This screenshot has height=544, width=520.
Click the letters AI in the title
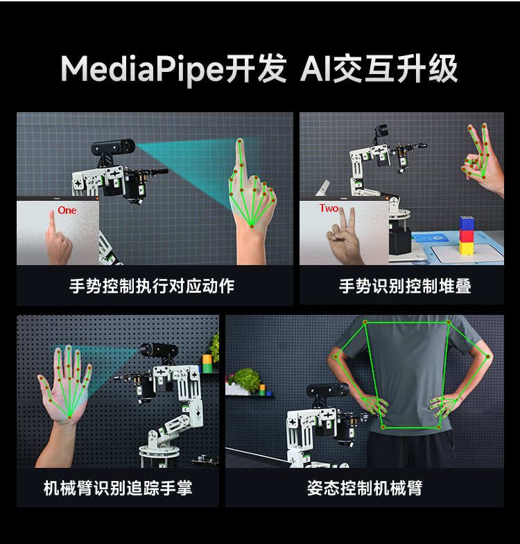[x=315, y=69]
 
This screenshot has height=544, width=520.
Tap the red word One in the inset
[x=67, y=210]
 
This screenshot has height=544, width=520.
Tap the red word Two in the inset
[x=329, y=208]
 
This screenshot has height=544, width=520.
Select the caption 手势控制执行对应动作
[x=152, y=286]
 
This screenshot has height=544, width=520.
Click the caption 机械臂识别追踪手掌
[x=118, y=488]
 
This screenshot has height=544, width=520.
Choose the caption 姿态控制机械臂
[x=365, y=488]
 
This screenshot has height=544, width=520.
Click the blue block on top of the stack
[x=467, y=224]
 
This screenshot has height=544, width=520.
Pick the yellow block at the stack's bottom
[x=467, y=248]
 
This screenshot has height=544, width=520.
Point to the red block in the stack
[x=467, y=235]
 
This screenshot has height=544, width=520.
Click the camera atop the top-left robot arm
[x=113, y=148]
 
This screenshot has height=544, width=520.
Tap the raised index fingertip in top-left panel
[x=241, y=143]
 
